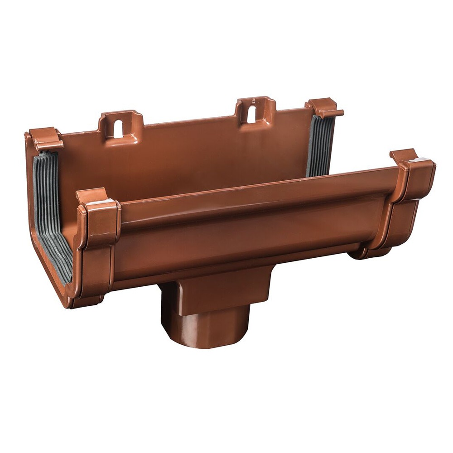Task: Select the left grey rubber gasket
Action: pyautogui.click(x=51, y=213)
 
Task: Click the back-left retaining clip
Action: pyautogui.click(x=45, y=138)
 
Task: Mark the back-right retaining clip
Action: pyautogui.click(x=325, y=108)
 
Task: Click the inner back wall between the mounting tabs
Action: pyautogui.click(x=190, y=159)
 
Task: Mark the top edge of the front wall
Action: pyautogui.click(x=254, y=186)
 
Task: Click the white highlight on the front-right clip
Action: pyautogui.click(x=419, y=160)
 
